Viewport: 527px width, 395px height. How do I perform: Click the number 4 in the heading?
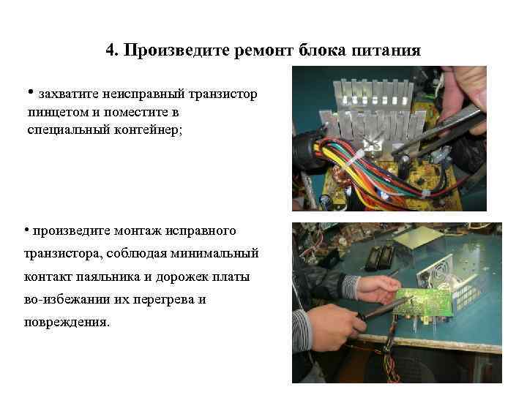coord(111,50)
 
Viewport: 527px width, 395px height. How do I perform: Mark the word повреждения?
coord(67,323)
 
